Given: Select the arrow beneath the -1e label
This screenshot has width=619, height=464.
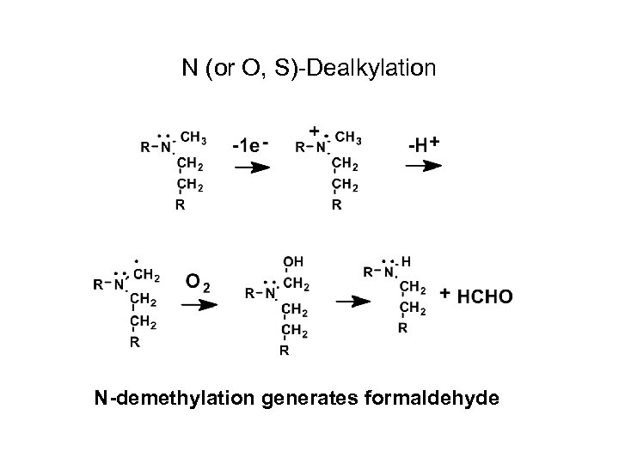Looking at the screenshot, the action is (251, 169).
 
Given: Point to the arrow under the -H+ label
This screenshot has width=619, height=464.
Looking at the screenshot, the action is (424, 168).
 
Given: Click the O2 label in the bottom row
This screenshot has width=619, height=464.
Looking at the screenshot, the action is (197, 281).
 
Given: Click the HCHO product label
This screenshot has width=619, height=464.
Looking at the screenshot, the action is (485, 296).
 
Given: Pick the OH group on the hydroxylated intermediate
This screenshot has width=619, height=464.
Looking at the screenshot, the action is (292, 261).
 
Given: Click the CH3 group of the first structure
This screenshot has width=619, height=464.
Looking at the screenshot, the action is (193, 138).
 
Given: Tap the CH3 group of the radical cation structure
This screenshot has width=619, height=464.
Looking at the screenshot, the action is (348, 138).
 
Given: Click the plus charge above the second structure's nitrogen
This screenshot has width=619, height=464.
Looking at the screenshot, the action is (315, 131).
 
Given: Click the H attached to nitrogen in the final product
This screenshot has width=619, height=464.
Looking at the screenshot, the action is (406, 261).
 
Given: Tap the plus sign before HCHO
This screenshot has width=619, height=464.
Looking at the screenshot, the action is (444, 294).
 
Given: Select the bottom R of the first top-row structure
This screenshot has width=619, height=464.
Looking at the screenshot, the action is (179, 205).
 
